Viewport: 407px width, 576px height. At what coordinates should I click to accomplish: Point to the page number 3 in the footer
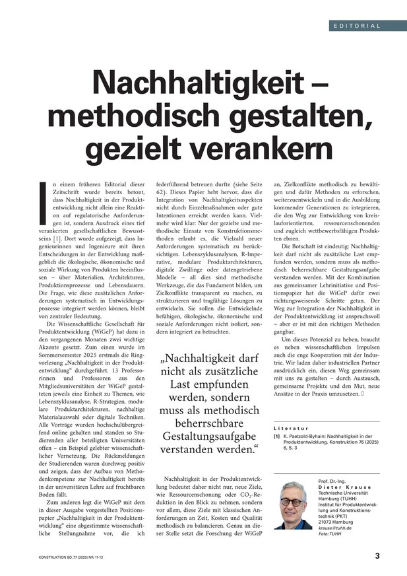pos(377,556)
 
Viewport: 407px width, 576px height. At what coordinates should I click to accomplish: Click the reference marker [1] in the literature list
pos(277,437)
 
